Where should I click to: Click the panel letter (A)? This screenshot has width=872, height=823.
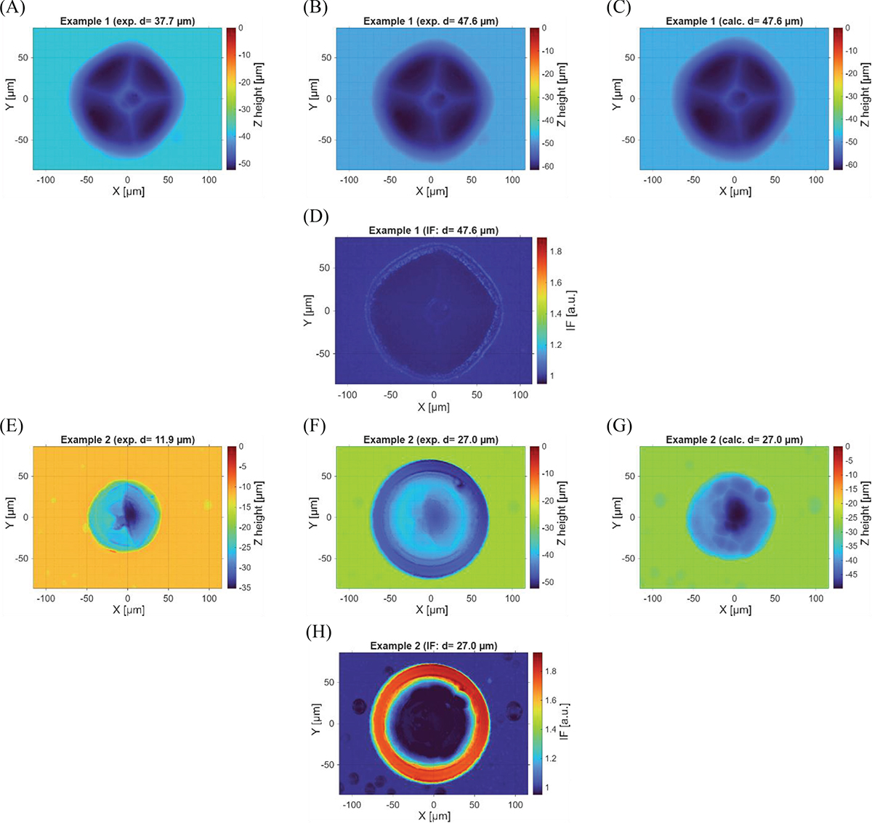(12, 8)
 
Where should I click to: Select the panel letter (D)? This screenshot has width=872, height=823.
(315, 217)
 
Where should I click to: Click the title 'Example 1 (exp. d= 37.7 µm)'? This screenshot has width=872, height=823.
(127, 21)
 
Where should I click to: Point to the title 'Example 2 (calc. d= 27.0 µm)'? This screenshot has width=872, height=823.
(734, 439)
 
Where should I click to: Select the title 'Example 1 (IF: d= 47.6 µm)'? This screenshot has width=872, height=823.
(433, 230)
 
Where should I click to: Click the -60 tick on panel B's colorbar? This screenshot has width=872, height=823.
(547, 166)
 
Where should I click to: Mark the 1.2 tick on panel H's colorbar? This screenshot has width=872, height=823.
(550, 758)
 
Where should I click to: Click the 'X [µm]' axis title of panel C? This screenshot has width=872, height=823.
(735, 191)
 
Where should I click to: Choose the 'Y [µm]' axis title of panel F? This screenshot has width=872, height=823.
(313, 513)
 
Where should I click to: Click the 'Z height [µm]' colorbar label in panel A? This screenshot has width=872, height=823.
(259, 95)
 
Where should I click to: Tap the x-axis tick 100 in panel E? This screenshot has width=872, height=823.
(209, 599)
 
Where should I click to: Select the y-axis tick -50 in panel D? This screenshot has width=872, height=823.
(323, 354)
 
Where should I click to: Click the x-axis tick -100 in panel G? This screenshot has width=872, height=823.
(653, 599)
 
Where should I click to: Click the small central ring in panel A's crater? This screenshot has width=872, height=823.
(130, 97)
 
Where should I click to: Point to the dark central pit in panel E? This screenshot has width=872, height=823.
(130, 511)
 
